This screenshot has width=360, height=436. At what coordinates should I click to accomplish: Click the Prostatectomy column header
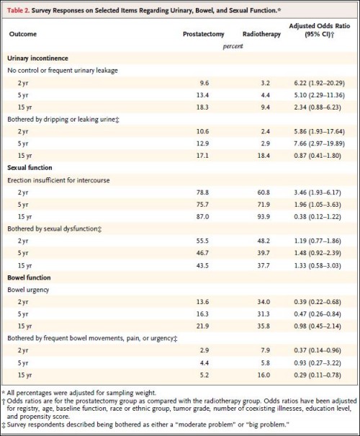(x=203, y=34)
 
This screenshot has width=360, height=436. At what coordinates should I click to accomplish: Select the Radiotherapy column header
(x=261, y=34)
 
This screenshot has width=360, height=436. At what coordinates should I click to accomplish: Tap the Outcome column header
(x=23, y=34)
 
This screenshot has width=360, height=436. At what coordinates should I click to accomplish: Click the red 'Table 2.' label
(x=18, y=11)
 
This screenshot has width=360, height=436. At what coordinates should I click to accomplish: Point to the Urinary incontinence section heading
(x=37, y=58)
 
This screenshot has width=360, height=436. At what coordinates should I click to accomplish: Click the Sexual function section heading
(x=30, y=168)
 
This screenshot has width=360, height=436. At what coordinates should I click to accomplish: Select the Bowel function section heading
(x=30, y=277)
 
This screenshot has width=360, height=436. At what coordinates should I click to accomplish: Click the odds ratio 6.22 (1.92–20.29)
(x=320, y=83)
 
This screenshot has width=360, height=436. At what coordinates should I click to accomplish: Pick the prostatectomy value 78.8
(x=202, y=192)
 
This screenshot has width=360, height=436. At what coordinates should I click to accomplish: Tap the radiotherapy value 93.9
(x=264, y=217)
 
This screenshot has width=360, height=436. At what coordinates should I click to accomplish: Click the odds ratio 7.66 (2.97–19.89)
(x=320, y=143)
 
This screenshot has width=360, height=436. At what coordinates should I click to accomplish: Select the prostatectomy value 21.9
(x=202, y=326)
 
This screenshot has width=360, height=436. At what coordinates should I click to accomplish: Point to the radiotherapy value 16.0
(x=264, y=375)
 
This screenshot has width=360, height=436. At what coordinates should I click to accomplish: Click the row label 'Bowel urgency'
(x=28, y=290)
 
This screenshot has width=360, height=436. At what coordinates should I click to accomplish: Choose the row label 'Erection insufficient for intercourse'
(x=58, y=180)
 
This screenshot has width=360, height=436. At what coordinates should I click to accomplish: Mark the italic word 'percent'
(x=233, y=46)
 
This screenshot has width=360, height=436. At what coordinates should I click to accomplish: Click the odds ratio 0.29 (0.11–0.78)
(x=318, y=375)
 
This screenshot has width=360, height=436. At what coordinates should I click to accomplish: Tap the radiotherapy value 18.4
(x=264, y=156)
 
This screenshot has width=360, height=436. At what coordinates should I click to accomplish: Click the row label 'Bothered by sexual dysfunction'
(x=53, y=229)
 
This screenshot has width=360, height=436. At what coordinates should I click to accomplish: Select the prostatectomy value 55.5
(x=202, y=241)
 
